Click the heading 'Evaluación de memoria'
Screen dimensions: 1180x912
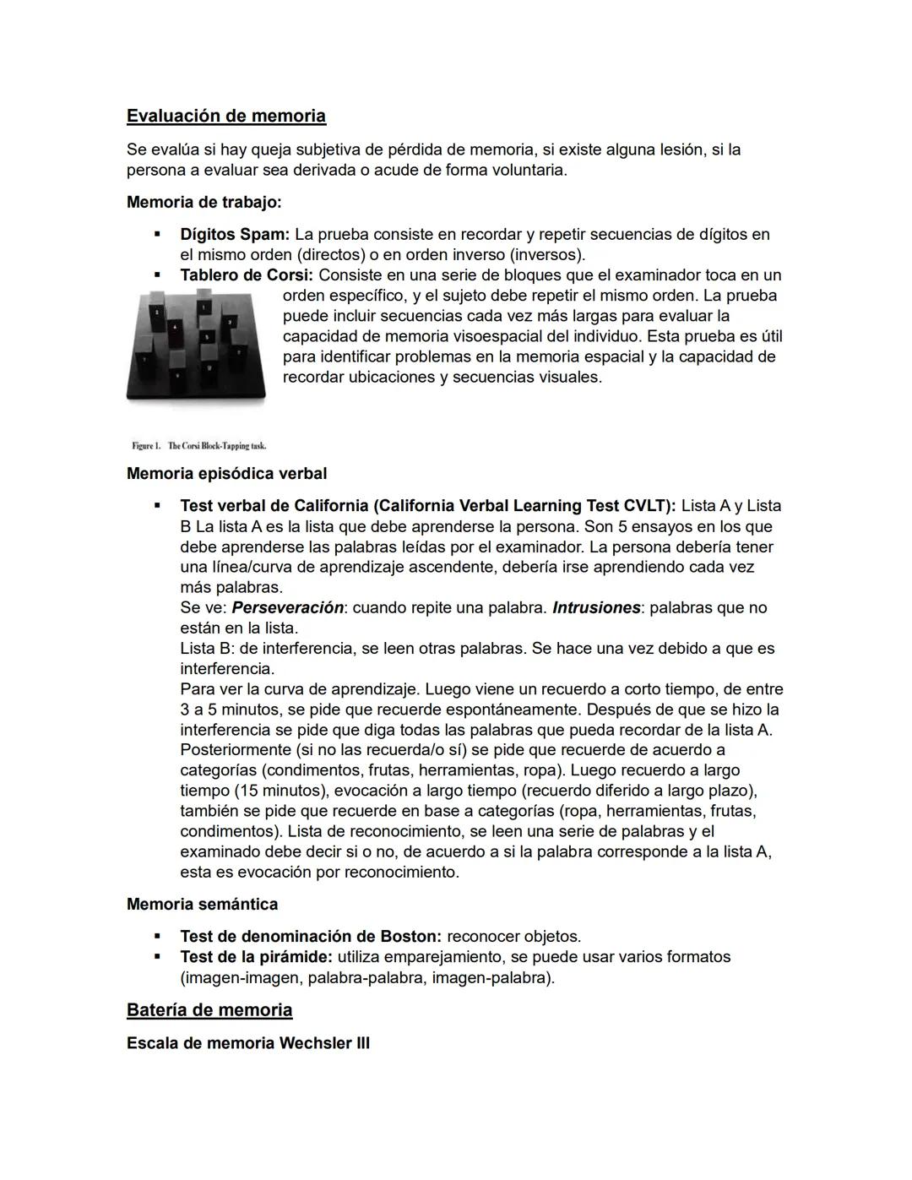click(x=225, y=116)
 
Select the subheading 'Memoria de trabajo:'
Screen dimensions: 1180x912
click(x=204, y=203)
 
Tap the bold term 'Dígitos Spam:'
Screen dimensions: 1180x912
click(x=235, y=234)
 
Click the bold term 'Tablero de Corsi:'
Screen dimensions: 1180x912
click(x=247, y=275)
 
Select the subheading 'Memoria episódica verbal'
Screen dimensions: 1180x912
click(x=226, y=474)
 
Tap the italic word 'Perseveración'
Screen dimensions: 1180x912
click(x=288, y=608)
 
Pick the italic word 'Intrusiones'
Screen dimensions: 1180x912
click(x=596, y=608)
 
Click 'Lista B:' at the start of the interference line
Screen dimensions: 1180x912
click(x=207, y=649)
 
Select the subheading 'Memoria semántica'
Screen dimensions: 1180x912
click(x=202, y=905)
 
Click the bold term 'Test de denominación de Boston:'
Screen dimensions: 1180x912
click(x=311, y=937)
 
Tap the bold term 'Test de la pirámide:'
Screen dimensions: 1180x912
click(x=257, y=957)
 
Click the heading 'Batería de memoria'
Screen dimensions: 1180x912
click(x=209, y=1010)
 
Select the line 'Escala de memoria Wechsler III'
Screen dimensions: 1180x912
click(x=248, y=1043)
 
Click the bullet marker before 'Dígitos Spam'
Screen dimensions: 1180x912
click(x=156, y=234)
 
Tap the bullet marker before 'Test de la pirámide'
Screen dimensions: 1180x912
click(x=156, y=957)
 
